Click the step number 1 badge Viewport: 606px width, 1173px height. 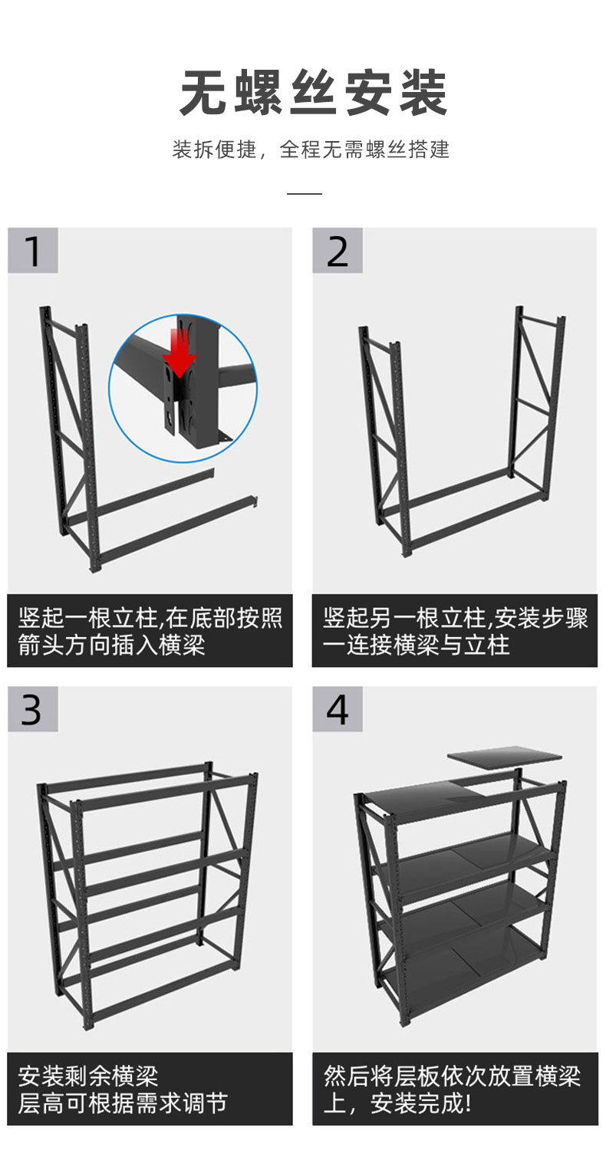pos(32,250)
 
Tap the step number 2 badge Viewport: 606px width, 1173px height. pos(338,250)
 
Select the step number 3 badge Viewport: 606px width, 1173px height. pos(32,709)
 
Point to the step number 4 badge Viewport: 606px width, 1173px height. pos(338,709)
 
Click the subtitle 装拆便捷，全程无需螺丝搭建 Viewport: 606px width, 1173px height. pos(311,149)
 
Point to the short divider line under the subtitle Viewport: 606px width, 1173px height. pos(305,193)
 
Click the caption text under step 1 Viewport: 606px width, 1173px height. pos(150,631)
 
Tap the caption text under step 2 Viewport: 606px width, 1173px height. pos(455,631)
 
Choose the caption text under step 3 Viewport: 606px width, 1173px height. pos(123,1089)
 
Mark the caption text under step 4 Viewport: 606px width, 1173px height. pos(452,1089)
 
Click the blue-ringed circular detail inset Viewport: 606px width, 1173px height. pos(183,388)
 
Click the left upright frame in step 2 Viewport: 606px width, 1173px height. pos(384,440)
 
